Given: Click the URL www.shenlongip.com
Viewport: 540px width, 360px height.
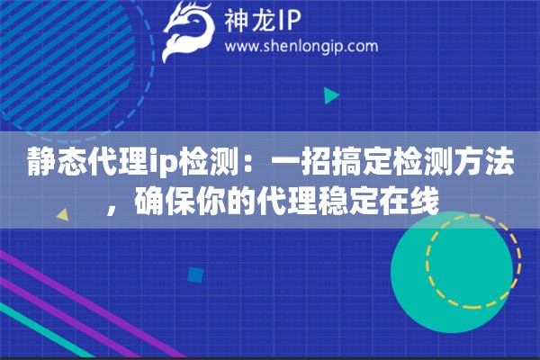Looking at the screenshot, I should pyautogui.click(x=301, y=47).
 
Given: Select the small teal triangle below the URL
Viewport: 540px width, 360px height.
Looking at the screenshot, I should pyautogui.click(x=331, y=94).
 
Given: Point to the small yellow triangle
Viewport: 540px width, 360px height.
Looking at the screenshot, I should pyautogui.click(x=64, y=215).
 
